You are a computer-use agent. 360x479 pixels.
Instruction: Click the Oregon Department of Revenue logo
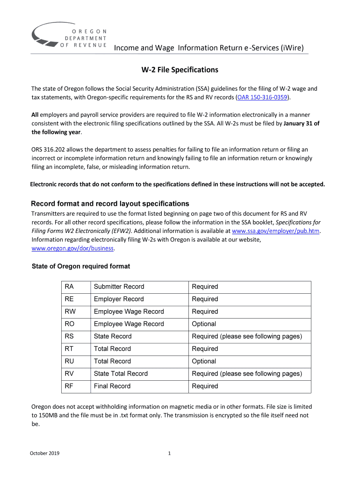(69, 36)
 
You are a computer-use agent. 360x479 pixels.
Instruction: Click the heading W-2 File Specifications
(180, 70)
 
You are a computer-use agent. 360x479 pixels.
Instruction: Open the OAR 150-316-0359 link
(263, 97)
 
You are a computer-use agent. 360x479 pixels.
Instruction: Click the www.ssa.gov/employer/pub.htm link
(275, 231)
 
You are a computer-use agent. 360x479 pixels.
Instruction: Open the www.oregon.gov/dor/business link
(72, 248)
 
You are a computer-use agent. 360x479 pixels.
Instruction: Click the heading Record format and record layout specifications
(110, 204)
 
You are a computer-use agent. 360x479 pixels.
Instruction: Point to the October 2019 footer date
(45, 453)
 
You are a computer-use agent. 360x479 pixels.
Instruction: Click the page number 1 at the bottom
(169, 453)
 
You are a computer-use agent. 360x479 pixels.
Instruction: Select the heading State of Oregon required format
(80, 266)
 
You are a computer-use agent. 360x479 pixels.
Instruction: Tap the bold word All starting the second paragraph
(35, 115)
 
